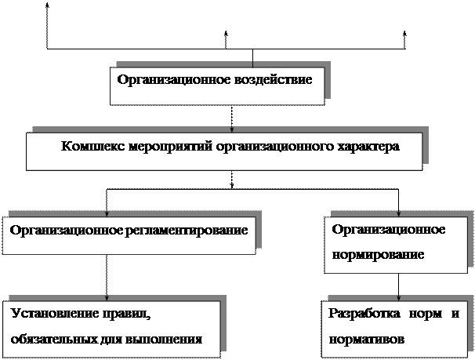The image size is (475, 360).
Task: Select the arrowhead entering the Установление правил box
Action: tap(107, 297)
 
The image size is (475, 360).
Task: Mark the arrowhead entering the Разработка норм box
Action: tap(401, 297)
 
